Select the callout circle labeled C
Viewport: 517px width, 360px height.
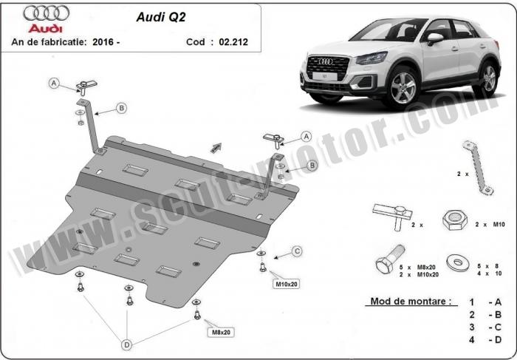pos(297,252)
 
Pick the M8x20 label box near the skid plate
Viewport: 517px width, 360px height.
pos(221,332)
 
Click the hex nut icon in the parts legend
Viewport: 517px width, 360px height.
pos(453,220)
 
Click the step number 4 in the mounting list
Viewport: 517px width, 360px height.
pos(472,341)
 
